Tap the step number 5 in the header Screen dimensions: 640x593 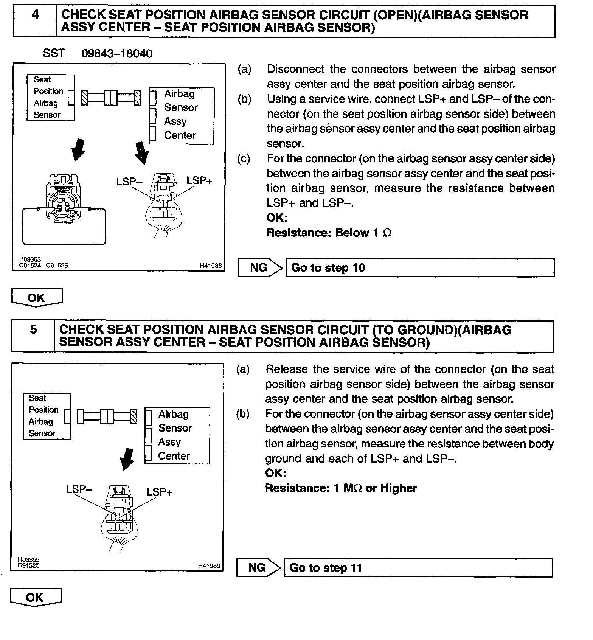click(33, 330)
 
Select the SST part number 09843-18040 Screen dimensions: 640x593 click(117, 53)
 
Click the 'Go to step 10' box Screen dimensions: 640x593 click(420, 268)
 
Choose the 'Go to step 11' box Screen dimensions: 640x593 click(418, 568)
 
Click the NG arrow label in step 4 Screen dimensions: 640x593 click(259, 268)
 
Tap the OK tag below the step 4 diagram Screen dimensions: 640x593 click(37, 298)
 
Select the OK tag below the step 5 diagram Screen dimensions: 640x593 click(35, 598)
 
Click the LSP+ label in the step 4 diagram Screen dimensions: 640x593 click(199, 181)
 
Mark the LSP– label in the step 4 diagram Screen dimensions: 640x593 click(129, 182)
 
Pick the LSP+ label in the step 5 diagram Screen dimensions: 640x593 click(159, 492)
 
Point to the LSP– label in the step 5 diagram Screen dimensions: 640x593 click(79, 489)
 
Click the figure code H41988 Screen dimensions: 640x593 click(211, 266)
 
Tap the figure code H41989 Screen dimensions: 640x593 click(209, 566)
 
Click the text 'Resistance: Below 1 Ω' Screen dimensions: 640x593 click(329, 233)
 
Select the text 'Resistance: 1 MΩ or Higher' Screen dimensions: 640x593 click(340, 488)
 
